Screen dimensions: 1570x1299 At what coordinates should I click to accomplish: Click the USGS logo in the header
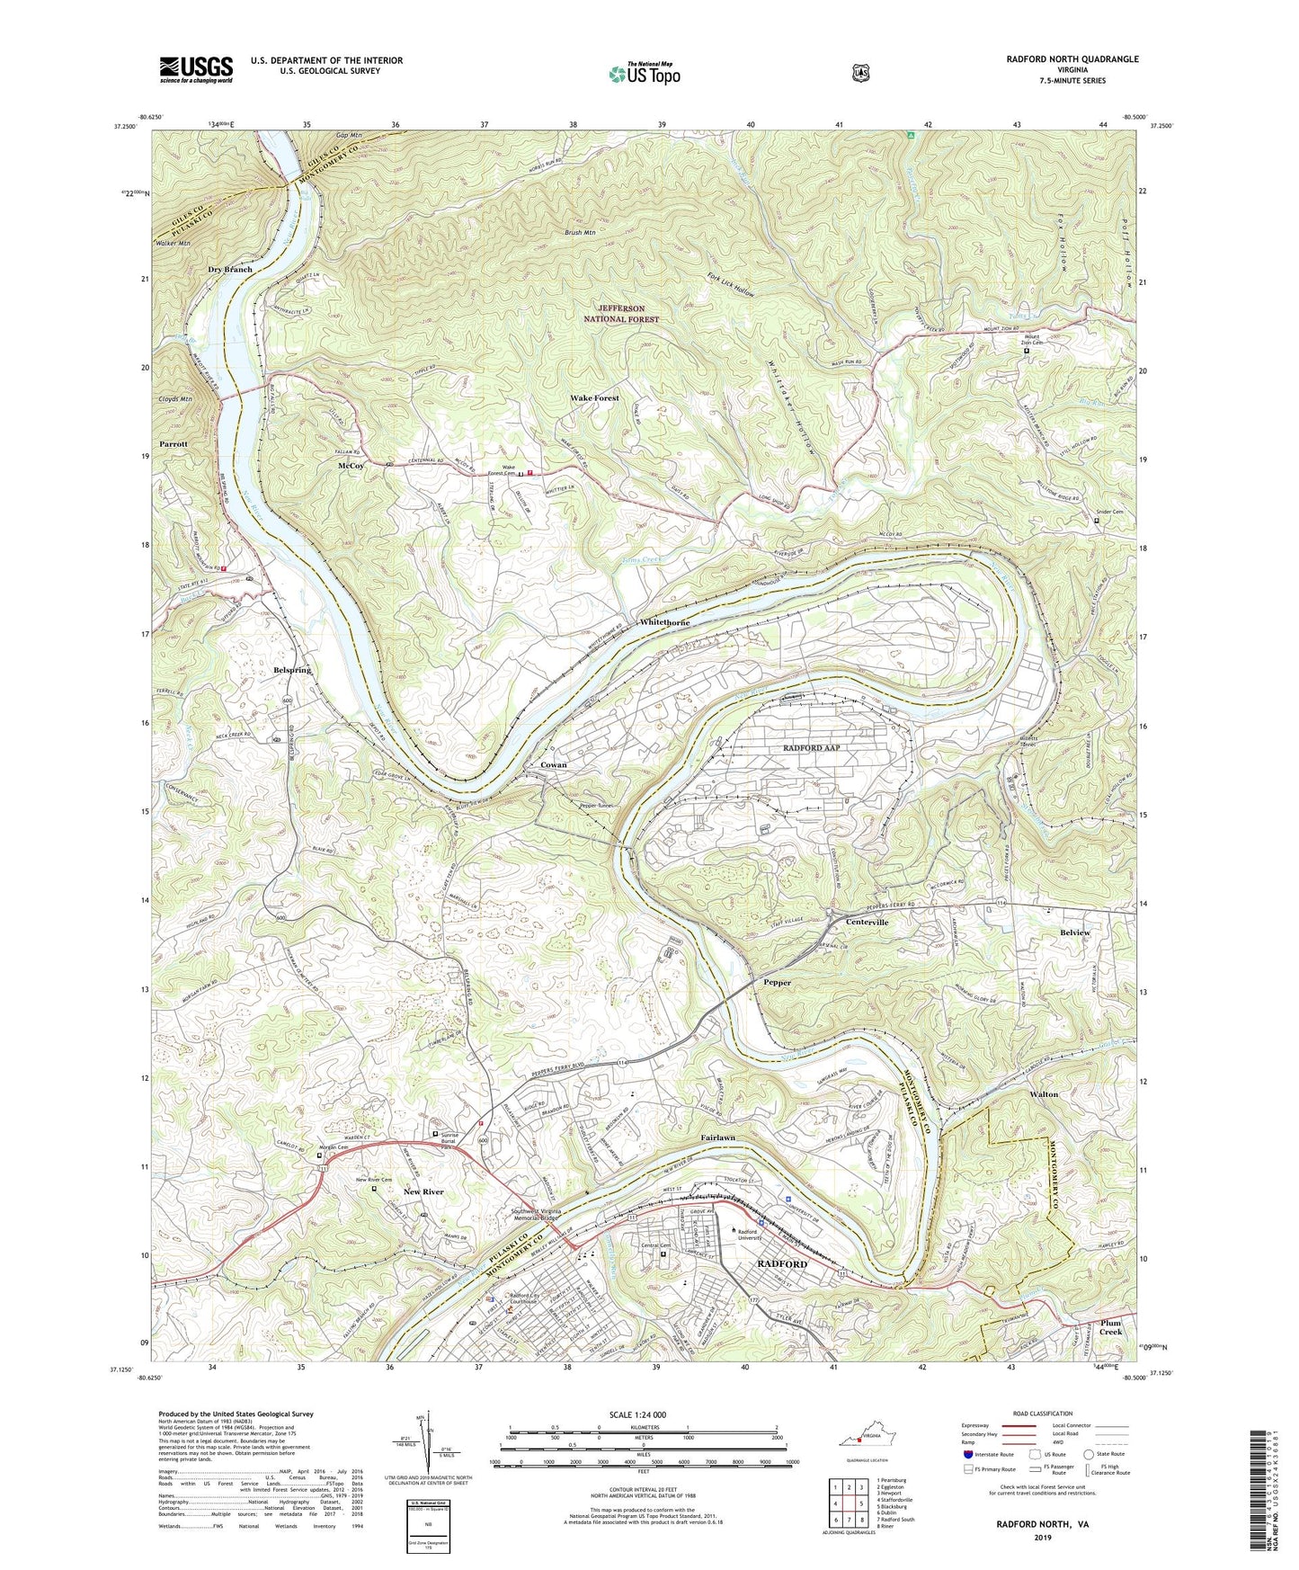(x=196, y=69)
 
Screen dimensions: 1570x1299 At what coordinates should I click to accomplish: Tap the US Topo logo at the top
(x=643, y=74)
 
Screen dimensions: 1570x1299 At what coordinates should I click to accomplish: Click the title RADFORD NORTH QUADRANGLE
(x=1061, y=59)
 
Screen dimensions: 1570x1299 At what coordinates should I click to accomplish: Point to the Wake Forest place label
(x=594, y=397)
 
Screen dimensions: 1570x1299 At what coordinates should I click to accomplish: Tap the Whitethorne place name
(x=665, y=622)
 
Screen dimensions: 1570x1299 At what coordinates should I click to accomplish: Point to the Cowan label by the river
(x=553, y=765)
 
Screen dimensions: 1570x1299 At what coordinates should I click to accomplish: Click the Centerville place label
(x=867, y=923)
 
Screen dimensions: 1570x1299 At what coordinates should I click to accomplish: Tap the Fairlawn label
(x=718, y=1137)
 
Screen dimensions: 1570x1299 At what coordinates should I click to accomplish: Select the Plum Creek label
(x=1111, y=1326)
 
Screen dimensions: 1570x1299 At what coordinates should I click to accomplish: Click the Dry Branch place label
(x=230, y=270)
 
